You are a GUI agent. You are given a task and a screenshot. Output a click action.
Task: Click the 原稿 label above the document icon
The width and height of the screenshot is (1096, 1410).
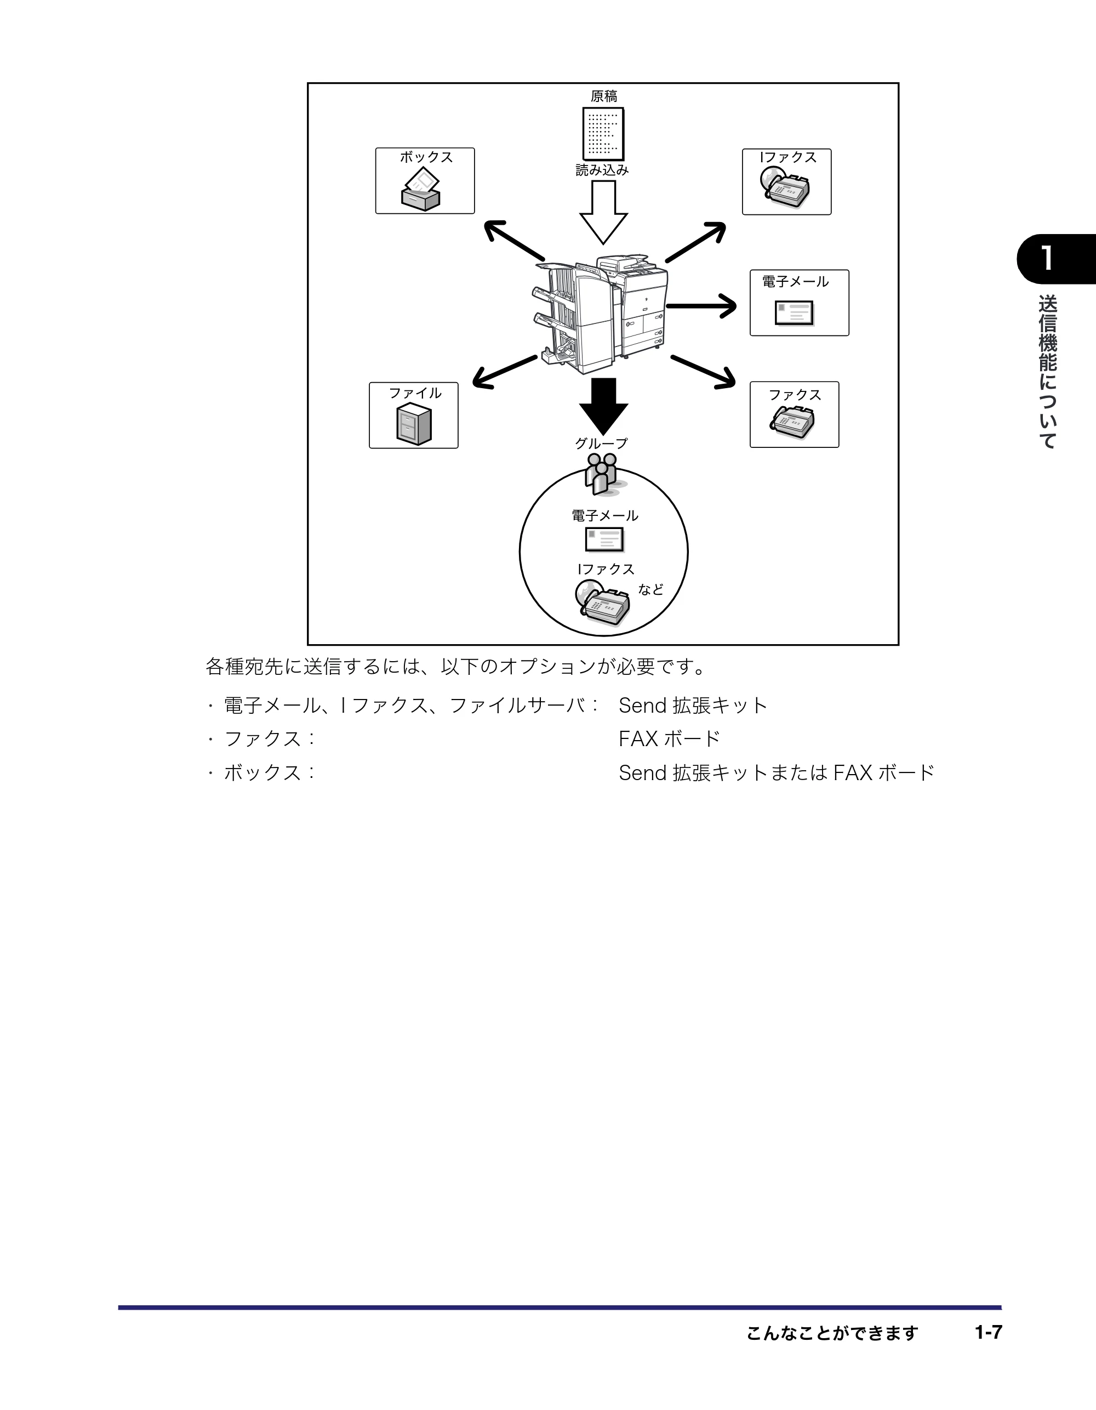pos(603,96)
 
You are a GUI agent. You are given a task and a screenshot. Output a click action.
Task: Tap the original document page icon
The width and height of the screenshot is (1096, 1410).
pos(603,134)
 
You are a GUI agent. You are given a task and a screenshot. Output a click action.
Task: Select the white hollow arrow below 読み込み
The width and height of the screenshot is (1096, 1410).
pos(603,212)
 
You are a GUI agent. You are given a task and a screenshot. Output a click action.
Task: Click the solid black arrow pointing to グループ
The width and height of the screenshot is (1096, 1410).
pos(603,406)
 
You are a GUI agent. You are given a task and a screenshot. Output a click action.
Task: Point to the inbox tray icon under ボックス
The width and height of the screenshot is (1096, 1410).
pos(421,189)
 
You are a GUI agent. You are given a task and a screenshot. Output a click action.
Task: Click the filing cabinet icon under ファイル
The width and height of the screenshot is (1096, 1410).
pos(414,424)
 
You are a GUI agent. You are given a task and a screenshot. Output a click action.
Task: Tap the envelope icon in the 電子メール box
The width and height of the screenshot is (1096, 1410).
pos(795,314)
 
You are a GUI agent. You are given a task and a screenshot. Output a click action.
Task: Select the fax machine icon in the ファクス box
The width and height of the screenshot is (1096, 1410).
pos(792,422)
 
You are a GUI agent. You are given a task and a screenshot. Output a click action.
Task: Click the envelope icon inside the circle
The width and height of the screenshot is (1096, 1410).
pos(605,540)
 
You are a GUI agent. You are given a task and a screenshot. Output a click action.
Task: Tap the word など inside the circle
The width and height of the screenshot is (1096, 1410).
pos(650,589)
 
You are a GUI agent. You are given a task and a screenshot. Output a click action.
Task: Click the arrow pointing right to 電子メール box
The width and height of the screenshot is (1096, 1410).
pos(701,306)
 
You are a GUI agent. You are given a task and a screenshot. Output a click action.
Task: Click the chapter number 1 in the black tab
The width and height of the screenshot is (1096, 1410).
pos(1047,259)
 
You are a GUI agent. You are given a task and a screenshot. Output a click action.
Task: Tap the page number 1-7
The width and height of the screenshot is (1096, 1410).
pos(988,1332)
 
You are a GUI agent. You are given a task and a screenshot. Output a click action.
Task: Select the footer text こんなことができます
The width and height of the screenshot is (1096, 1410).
pos(832,1333)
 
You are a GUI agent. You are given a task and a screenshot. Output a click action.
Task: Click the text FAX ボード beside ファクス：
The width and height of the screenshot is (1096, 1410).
pos(669,738)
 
